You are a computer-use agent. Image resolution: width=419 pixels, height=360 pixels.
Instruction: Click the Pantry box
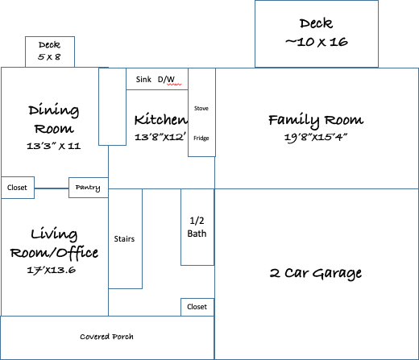coord(89,188)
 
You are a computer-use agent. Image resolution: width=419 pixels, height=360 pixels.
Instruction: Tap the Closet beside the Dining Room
coord(18,188)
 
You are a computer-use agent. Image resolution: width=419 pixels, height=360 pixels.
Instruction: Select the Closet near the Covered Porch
coord(197,307)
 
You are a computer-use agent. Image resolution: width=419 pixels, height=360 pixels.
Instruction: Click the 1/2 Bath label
coord(197,227)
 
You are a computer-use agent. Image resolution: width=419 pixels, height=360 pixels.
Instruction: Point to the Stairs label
coord(124,239)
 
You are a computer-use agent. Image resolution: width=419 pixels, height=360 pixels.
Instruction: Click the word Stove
coord(201,109)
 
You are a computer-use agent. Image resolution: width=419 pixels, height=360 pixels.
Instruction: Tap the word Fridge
coord(201,139)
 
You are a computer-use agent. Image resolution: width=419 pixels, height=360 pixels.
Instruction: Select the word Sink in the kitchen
coord(143,80)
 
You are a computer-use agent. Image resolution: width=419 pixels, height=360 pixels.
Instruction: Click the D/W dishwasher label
coord(166,80)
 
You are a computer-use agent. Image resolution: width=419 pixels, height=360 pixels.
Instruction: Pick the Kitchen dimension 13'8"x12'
coord(160,137)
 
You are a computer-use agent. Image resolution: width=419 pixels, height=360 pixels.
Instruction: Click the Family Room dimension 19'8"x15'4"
coord(316,138)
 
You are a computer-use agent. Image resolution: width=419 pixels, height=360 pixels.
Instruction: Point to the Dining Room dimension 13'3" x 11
coord(54,146)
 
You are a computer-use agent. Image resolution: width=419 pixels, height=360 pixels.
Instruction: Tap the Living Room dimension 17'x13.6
coord(51,270)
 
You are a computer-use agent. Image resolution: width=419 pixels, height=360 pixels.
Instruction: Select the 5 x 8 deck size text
coord(49,57)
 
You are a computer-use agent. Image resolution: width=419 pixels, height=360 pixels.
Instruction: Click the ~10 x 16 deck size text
coord(317,42)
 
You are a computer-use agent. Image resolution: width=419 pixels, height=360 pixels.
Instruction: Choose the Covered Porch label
coord(106,337)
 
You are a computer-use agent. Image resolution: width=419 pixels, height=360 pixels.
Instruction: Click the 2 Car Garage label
coord(316,274)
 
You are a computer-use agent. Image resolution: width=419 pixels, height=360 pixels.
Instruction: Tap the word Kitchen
coord(160,119)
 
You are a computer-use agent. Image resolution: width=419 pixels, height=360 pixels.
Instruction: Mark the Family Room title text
coord(316,120)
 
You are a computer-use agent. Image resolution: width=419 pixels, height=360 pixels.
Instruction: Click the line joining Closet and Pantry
coord(52,188)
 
